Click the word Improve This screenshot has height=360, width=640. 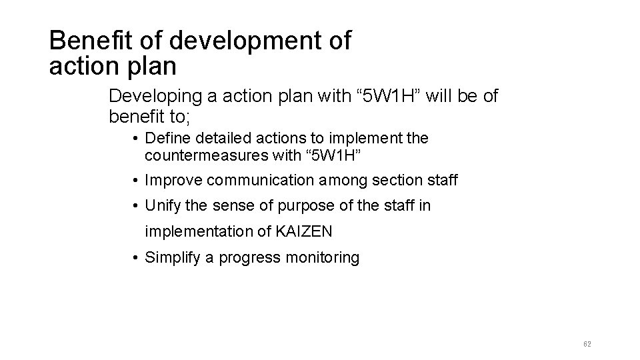pos(173,180)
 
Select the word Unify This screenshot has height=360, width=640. pos(163,206)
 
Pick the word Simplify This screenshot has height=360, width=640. pos(172,257)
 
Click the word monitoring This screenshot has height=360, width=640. pos(325,257)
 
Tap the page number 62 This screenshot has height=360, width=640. pos(587,344)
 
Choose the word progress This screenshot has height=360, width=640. pos(249,257)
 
